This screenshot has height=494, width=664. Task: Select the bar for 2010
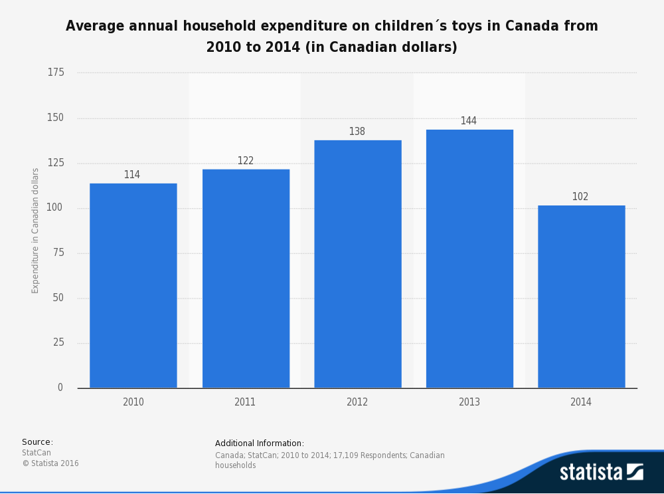133,286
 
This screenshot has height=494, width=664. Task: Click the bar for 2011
246,279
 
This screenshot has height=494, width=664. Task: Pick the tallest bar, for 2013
469,259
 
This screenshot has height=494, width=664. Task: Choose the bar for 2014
581,297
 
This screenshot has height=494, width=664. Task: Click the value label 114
132,175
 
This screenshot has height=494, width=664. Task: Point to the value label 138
357,132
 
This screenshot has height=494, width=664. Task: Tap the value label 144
469,121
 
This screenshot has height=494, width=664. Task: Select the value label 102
580,197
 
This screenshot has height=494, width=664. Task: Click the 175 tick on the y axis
56,72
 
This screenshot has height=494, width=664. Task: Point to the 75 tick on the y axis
58,253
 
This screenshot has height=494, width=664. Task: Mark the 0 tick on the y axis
60,388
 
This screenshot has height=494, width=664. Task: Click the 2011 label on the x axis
245,402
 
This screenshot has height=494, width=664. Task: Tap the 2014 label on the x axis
580,402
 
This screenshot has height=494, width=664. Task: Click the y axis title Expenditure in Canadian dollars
36,230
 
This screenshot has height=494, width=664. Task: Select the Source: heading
37,442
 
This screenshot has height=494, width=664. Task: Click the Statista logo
601,471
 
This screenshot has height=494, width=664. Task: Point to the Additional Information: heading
260,443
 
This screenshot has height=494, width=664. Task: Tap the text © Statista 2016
50,463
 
